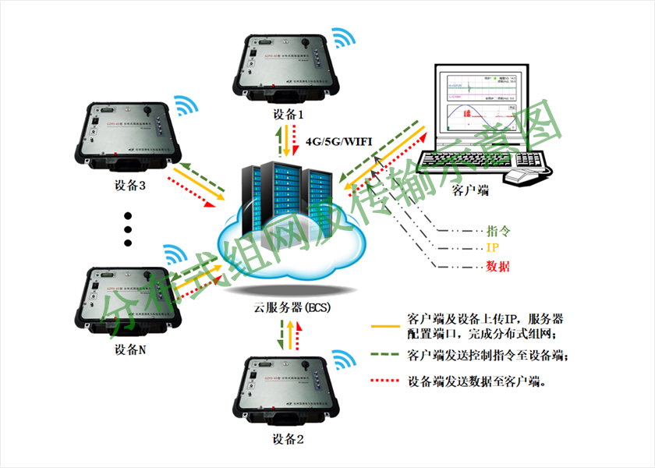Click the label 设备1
289,114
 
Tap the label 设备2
288,439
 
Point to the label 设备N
129,349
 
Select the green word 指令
497,232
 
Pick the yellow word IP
492,249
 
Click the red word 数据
497,267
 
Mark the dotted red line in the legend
385,381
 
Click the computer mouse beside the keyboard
521,176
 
